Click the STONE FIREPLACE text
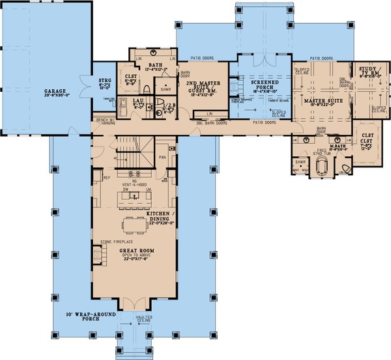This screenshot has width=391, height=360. click(112, 242)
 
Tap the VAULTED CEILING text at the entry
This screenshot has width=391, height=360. click(144, 319)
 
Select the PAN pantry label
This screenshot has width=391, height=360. click(162, 156)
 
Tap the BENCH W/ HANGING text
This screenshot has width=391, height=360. click(107, 123)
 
